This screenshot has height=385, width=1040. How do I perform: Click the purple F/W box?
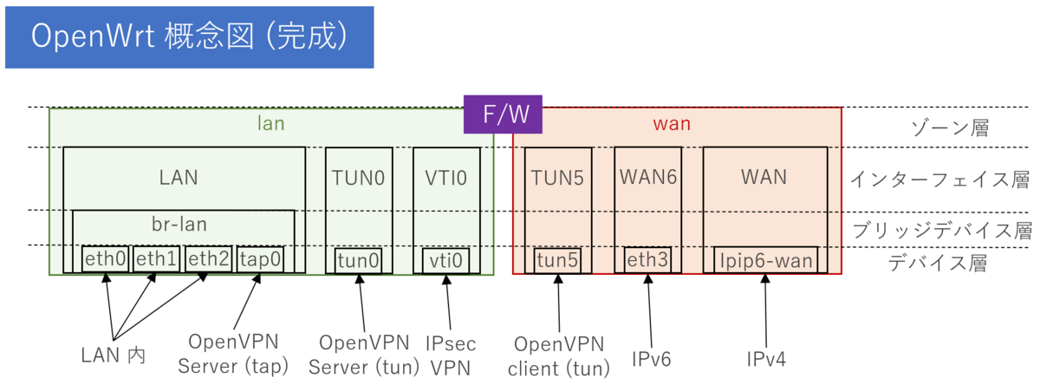coord(503,114)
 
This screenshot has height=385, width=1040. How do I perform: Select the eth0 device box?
coord(106,258)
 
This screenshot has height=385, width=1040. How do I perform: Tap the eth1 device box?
coord(156,258)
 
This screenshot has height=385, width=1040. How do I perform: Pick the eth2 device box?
coord(208,258)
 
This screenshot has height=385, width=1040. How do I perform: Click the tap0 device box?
coord(259,258)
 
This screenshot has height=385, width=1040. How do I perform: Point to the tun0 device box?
coord(359,259)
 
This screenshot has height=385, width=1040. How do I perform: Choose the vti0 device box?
coord(447,259)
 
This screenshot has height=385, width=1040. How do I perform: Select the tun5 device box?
coord(558,258)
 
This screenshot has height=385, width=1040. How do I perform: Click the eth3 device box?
coord(647,258)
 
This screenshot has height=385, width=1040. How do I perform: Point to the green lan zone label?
coord(271,124)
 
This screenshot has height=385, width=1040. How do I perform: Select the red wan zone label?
coord(671,124)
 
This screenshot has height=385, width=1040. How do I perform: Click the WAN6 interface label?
coord(647,177)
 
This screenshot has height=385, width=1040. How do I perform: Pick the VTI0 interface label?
coord(447,178)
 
